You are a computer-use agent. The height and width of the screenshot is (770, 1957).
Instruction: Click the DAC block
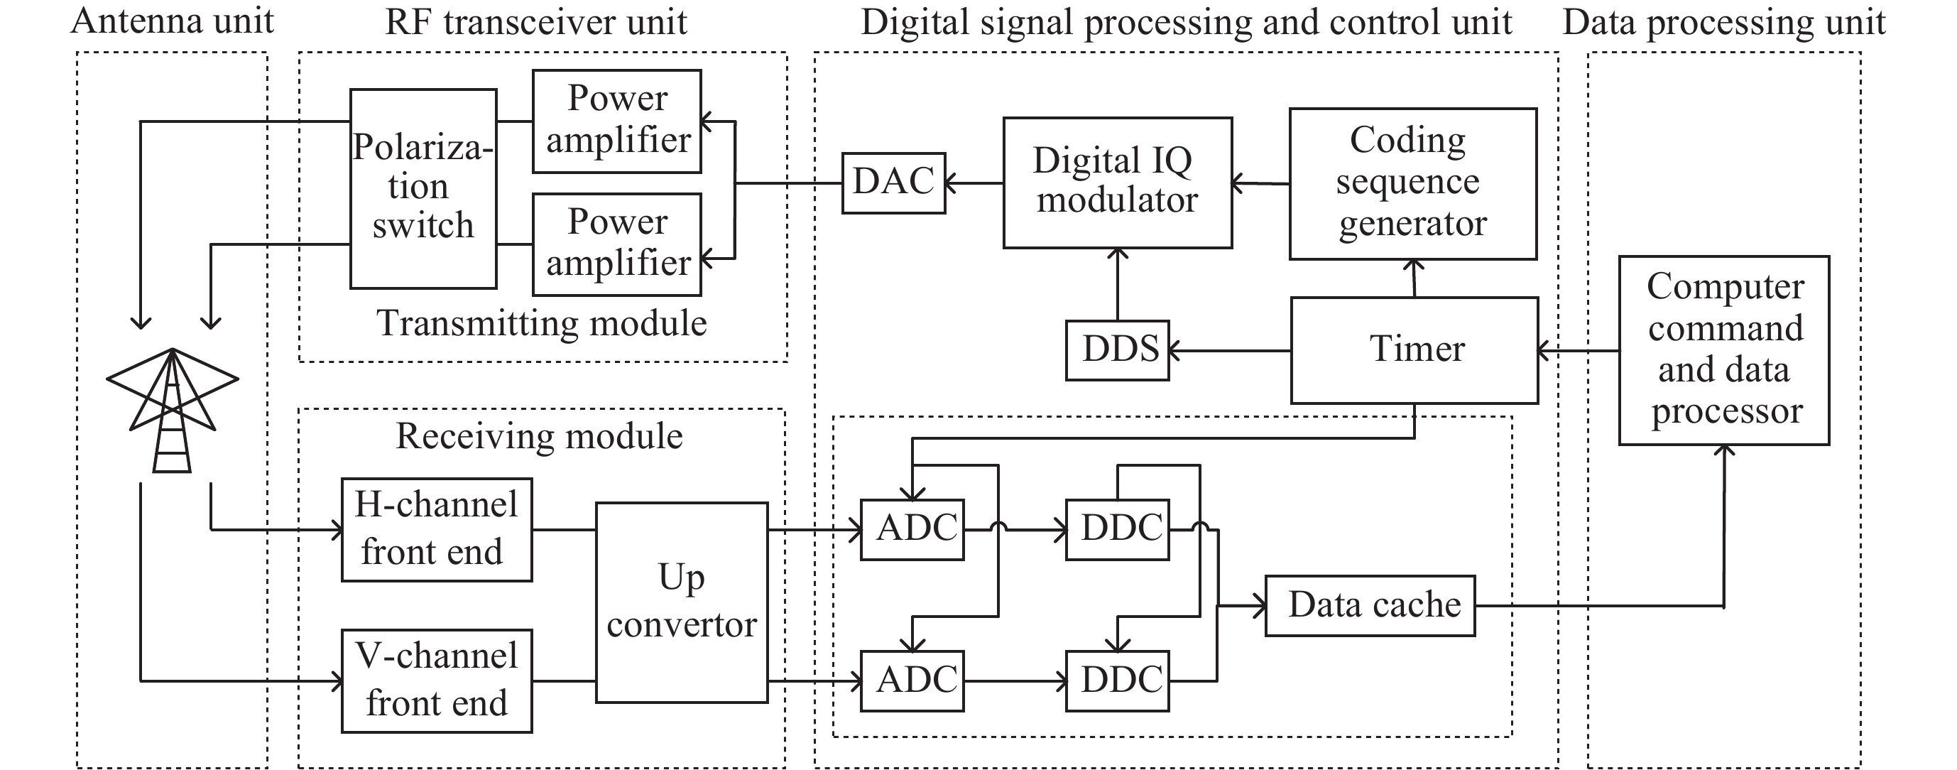tap(893, 183)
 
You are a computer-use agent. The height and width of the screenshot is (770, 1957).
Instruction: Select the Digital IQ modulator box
tap(1117, 183)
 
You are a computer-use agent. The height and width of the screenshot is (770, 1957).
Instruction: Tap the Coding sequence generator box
tap(1412, 183)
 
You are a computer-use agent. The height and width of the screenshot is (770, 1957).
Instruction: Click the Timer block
tap(1414, 349)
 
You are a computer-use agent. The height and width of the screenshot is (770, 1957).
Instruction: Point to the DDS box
tap(1117, 349)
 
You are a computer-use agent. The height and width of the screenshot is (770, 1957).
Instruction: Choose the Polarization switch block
tap(423, 188)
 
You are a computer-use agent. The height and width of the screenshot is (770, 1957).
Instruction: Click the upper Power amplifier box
tap(617, 121)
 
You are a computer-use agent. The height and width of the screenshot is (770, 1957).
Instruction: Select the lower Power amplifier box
tap(617, 244)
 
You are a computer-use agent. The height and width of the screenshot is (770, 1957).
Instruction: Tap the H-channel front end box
tap(436, 529)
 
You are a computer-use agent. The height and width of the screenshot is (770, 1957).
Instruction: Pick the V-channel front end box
tap(436, 680)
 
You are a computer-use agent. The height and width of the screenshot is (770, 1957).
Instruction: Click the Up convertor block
tap(682, 602)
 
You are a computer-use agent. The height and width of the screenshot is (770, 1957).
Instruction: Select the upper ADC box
tap(912, 529)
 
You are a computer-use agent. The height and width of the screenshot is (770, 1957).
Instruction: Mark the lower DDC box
tap(1117, 680)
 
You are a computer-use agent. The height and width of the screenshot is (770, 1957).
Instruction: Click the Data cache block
tap(1370, 605)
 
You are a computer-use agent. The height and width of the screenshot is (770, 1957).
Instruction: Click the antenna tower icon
tap(173, 411)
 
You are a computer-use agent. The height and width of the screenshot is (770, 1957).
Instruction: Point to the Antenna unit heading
tap(173, 21)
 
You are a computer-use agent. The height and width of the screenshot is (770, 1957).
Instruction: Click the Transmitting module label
tap(542, 323)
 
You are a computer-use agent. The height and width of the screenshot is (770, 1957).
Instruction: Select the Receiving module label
tap(540, 436)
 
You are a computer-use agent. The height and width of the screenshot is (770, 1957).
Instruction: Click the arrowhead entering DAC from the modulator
tap(950, 183)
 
